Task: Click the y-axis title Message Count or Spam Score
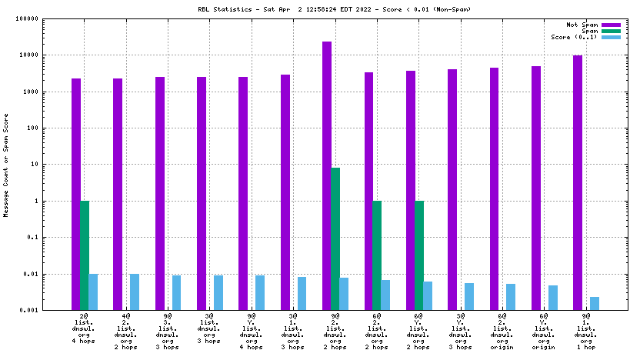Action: pos(7,164)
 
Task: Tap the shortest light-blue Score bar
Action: pos(595,303)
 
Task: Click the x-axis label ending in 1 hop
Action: pos(586,331)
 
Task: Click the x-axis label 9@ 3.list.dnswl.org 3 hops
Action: pos(168,331)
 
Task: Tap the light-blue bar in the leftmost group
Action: pos(93,292)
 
